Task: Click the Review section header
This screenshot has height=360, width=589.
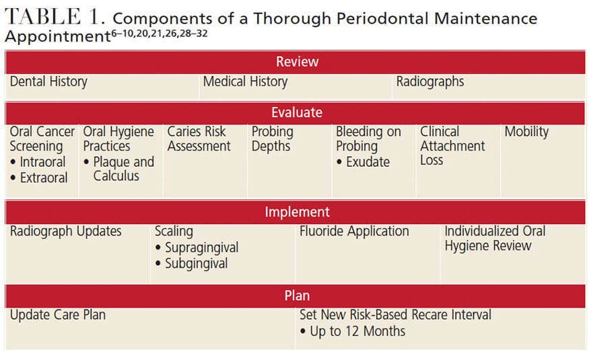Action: (x=297, y=61)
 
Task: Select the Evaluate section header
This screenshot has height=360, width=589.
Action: (x=297, y=112)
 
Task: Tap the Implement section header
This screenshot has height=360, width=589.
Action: (x=297, y=212)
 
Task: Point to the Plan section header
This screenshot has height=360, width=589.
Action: (x=297, y=295)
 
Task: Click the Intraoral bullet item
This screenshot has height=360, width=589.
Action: (x=38, y=161)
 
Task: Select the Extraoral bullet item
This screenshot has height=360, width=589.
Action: (x=39, y=178)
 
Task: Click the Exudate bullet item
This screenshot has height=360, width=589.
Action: (x=363, y=161)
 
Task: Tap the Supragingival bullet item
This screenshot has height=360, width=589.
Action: (x=197, y=248)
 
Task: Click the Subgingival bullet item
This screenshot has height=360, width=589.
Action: (x=192, y=264)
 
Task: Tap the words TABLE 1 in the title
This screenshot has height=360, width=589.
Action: (x=55, y=17)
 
